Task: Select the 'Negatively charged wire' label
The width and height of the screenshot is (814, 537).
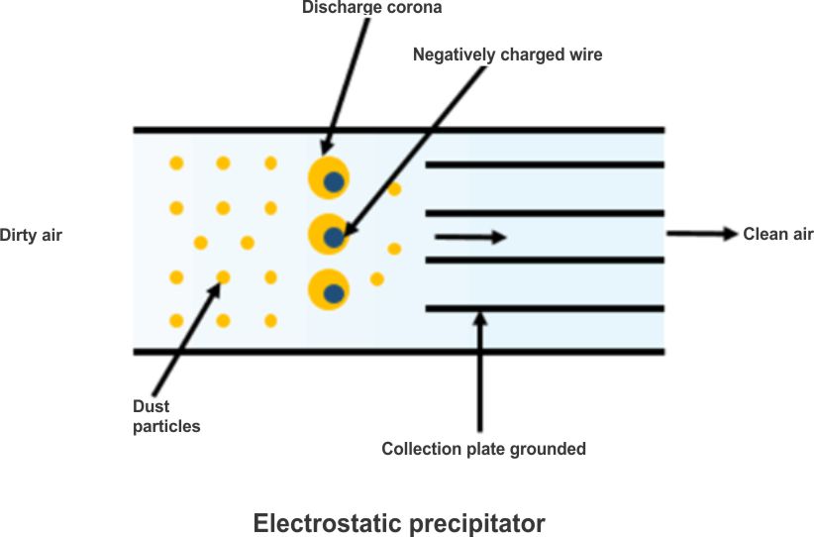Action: pos(507,55)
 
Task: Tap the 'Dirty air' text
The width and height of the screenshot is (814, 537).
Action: pos(31,236)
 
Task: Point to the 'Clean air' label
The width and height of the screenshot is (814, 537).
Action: pos(777,235)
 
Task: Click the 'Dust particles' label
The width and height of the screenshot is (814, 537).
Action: pos(166,416)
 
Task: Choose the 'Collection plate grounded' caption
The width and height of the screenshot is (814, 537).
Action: pos(483,449)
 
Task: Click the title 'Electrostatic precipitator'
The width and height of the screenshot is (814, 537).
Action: pos(399,522)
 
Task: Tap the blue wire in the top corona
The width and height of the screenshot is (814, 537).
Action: pos(335,181)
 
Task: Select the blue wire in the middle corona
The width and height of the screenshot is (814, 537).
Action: pos(335,238)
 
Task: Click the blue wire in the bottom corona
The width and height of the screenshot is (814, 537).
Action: pos(335,292)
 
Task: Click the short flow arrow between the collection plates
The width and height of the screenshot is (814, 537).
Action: pos(470,237)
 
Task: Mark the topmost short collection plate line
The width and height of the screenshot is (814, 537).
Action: pos(544,164)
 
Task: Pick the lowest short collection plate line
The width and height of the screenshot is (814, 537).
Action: pos(544,309)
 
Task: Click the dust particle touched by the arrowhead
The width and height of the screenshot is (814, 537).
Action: pos(224,277)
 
